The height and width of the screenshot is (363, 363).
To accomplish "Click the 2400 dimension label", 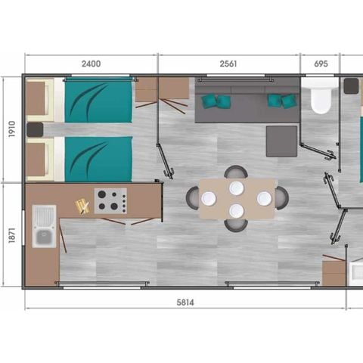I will [90, 64].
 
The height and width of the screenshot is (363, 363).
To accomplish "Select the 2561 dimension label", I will [228, 64].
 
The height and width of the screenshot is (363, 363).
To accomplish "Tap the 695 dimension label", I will [320, 64].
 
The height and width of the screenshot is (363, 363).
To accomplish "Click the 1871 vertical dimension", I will [10, 235].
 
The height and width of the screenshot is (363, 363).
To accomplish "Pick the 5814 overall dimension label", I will [185, 301].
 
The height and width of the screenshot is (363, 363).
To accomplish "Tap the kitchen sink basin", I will [43, 237].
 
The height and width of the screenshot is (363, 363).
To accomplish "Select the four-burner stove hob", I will [110, 200].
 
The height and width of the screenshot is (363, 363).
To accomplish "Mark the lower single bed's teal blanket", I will [98, 159].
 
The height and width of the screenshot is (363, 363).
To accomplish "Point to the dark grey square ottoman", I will [281, 141].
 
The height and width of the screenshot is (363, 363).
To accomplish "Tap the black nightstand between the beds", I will [35, 130].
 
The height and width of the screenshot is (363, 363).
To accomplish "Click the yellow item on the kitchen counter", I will [81, 204].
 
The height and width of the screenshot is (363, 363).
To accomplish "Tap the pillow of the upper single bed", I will [43, 100].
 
